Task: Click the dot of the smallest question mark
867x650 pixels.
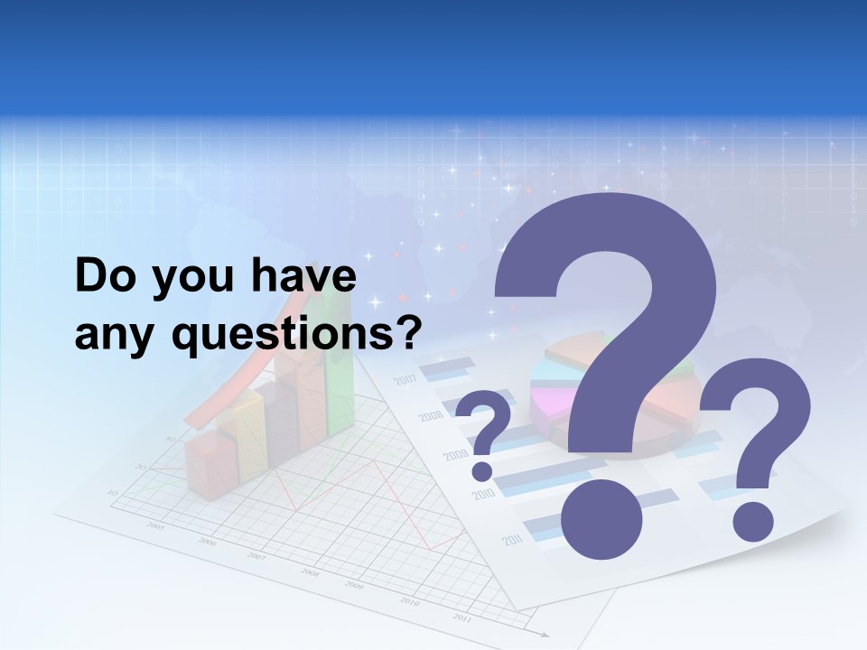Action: (x=483, y=470)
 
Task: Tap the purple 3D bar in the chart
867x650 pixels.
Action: (x=280, y=415)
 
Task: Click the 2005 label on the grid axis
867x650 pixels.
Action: (x=156, y=525)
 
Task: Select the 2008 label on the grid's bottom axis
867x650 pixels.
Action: (x=310, y=572)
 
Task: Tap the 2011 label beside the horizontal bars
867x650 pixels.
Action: (x=513, y=540)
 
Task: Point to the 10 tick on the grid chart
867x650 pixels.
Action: (x=113, y=492)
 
